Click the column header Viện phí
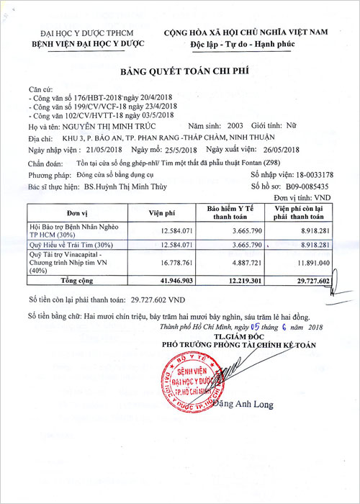(x=162, y=213)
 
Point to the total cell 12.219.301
(x=234, y=281)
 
